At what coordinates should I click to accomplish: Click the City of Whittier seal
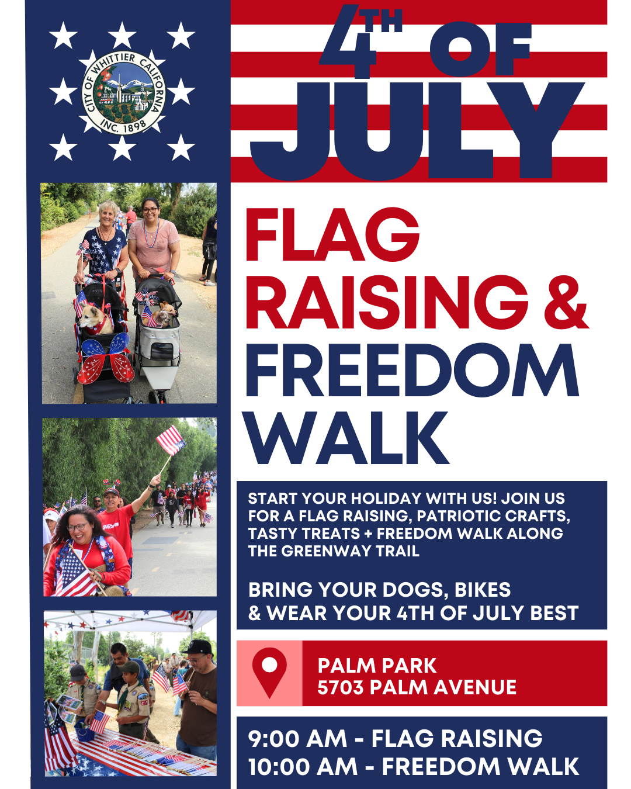(123, 93)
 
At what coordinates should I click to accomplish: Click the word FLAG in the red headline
(332, 235)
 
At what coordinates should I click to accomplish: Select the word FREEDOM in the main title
(412, 370)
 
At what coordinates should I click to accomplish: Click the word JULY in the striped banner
(417, 131)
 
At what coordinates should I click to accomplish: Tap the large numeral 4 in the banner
(347, 41)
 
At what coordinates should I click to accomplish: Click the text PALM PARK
(377, 666)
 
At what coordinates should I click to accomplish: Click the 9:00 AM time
(297, 738)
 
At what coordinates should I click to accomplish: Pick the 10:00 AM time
(303, 767)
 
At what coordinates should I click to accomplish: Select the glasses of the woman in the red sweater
(78, 527)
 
